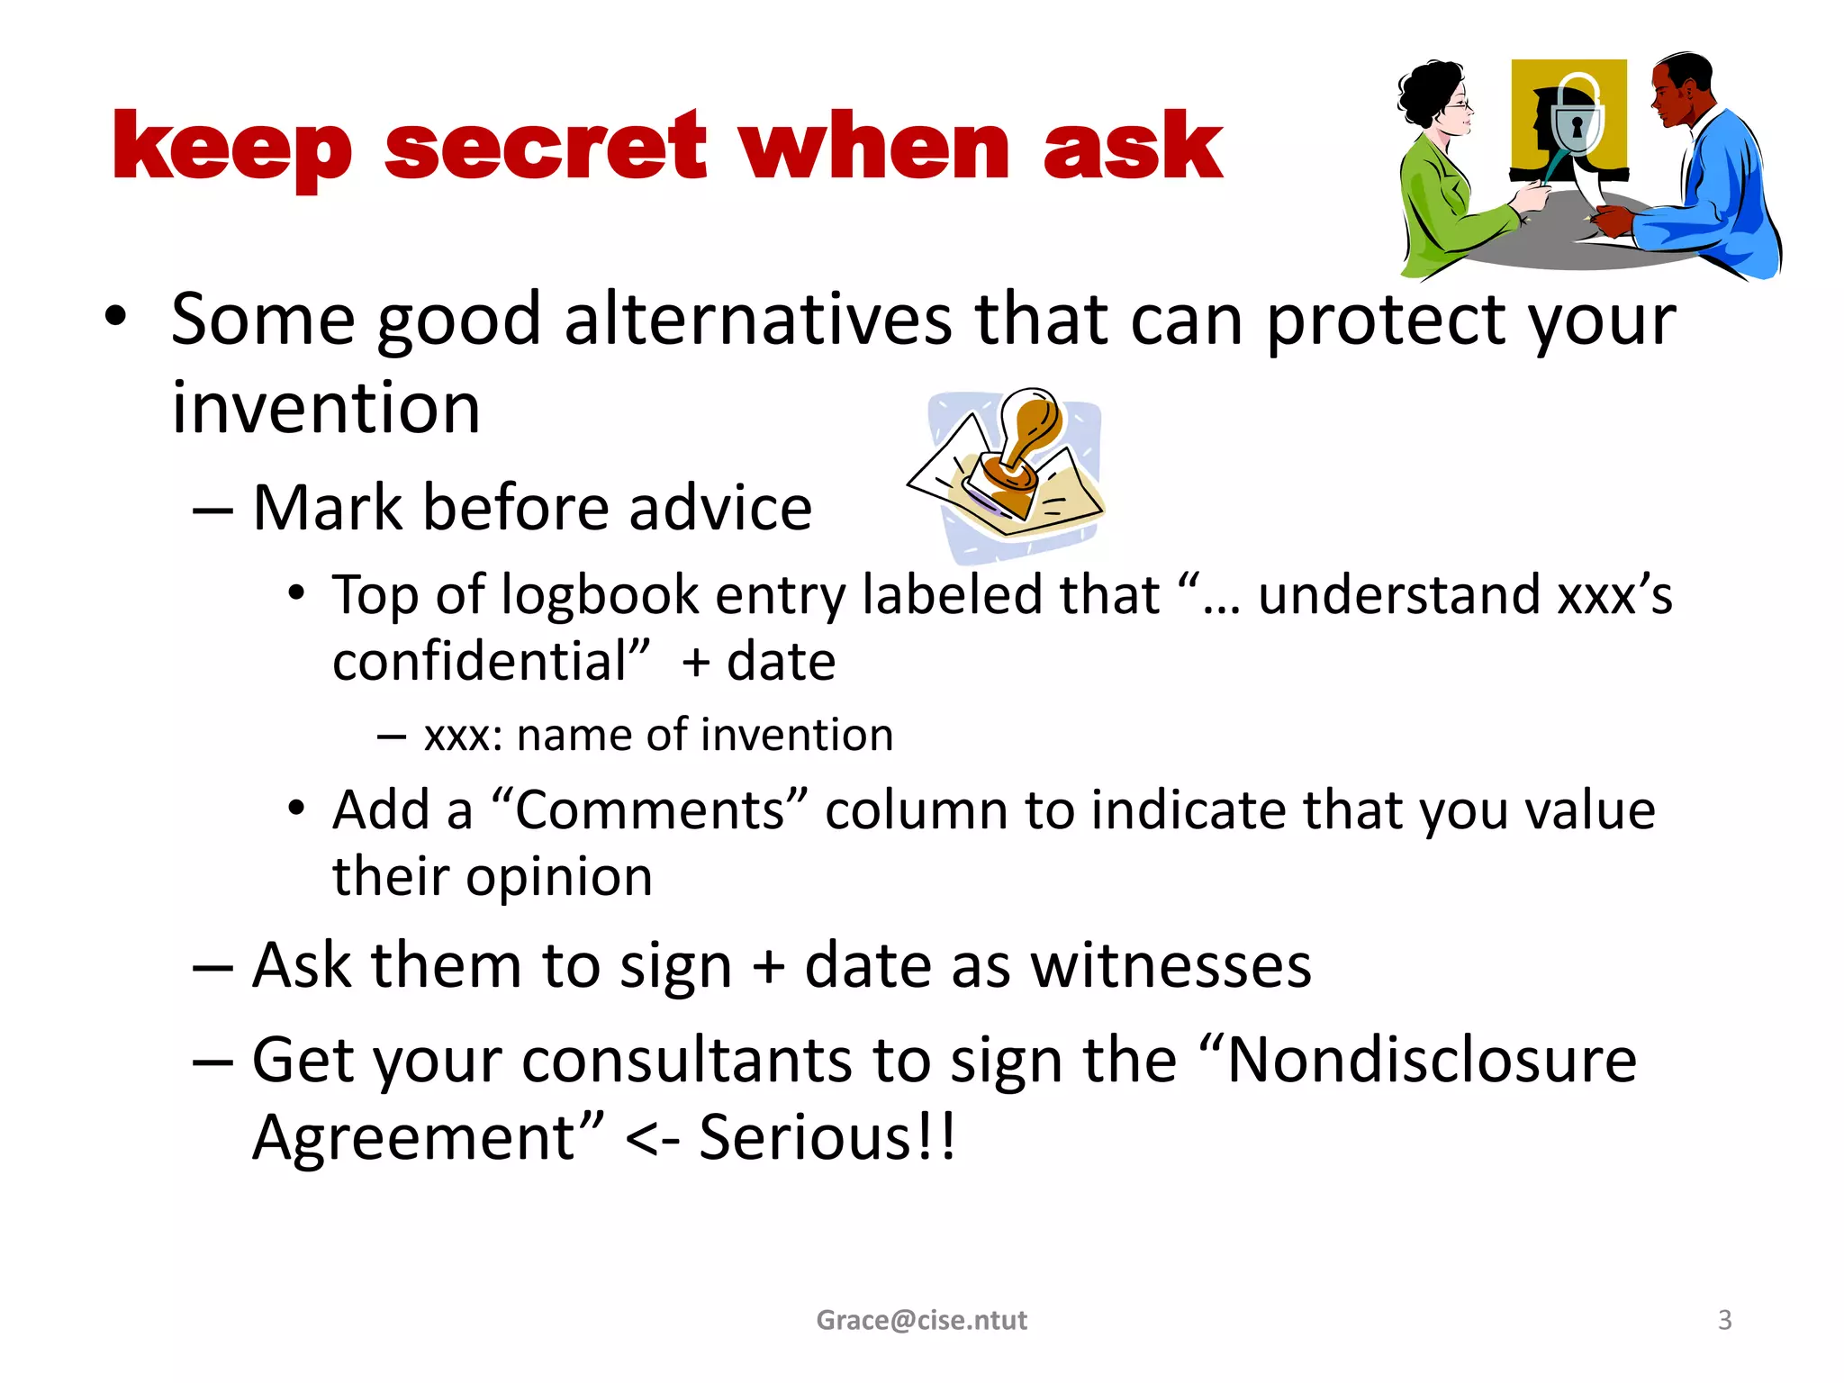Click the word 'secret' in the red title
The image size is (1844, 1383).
[546, 147]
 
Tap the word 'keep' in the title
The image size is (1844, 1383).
[231, 149]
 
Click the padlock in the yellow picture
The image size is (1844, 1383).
[1576, 121]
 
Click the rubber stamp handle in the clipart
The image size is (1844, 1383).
[1028, 423]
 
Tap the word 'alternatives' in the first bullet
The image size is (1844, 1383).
[758, 319]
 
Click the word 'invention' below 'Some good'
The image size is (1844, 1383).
[326, 408]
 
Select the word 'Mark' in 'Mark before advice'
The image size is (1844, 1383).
[327, 508]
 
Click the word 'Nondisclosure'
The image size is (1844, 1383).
[1431, 1060]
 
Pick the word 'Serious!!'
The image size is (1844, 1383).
[827, 1137]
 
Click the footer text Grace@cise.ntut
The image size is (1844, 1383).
[921, 1320]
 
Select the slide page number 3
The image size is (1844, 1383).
[1724, 1320]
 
